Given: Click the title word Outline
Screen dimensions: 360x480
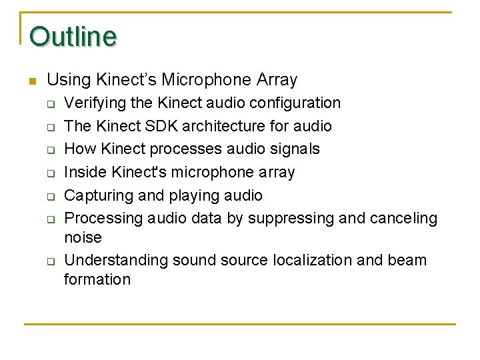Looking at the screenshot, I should [73, 37].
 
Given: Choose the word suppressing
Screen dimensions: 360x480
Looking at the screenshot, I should [298, 219].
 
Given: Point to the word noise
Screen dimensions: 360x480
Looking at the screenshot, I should [83, 238].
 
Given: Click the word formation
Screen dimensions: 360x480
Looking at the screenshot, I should [97, 279].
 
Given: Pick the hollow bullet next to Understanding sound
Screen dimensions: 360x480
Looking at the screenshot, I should [49, 261].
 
